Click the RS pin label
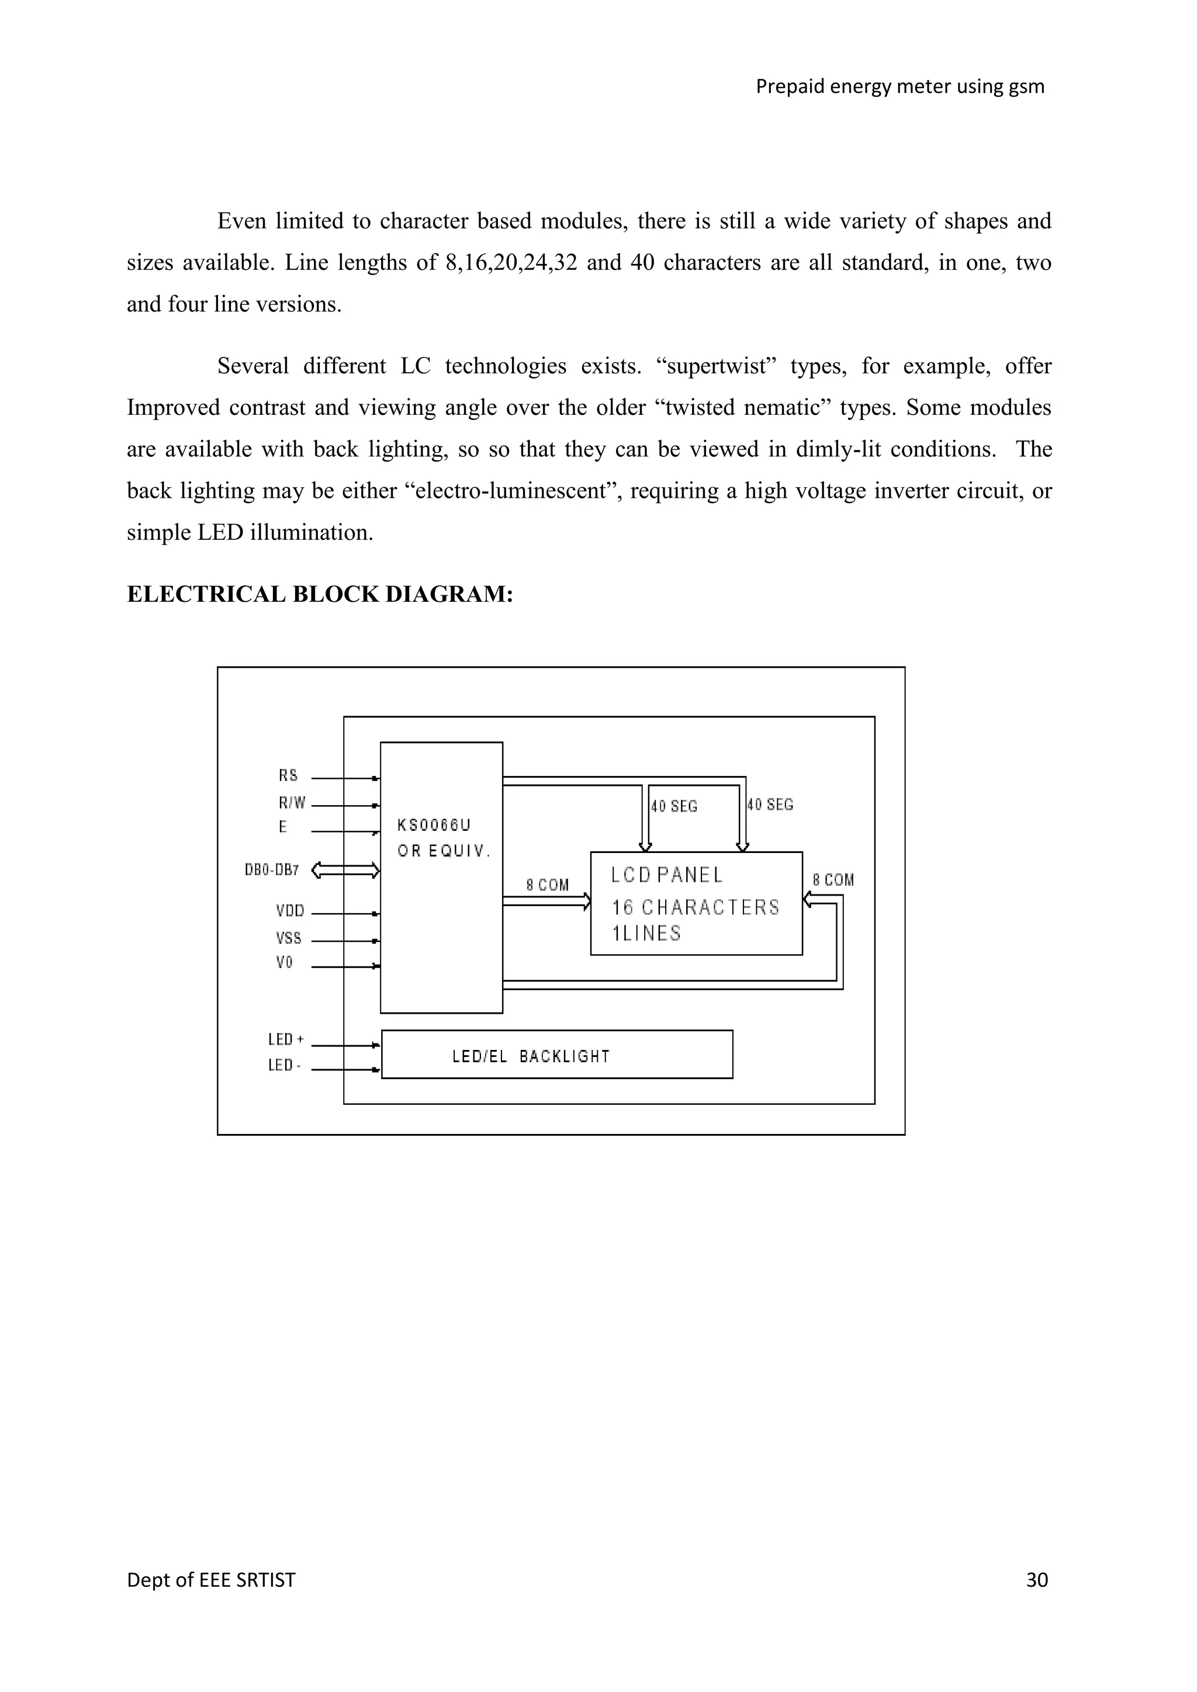(288, 775)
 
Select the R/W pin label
(291, 803)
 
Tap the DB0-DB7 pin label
(272, 871)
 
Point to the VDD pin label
(290, 911)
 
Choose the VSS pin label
(289, 938)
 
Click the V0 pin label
(285, 962)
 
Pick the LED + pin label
(286, 1040)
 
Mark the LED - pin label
(284, 1066)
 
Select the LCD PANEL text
(667, 875)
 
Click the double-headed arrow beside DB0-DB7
(345, 871)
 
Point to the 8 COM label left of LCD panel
(548, 885)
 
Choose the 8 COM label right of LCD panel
(833, 880)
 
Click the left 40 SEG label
(674, 806)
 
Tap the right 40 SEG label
(770, 805)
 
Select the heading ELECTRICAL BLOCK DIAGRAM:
(320, 594)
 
